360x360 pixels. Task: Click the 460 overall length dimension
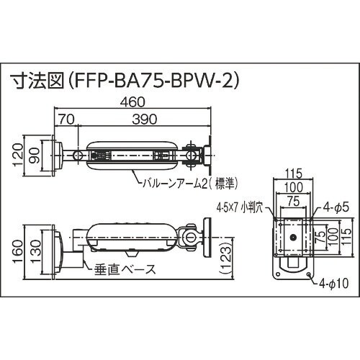click(132, 102)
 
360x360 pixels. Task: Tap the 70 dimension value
click(66, 120)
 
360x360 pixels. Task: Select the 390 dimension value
click(145, 120)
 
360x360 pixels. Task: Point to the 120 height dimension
click(19, 155)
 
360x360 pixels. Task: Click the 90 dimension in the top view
click(35, 156)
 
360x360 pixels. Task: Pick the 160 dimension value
click(19, 251)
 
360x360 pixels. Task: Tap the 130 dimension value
click(35, 252)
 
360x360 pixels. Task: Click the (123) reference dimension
click(225, 258)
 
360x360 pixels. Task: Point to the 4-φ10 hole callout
click(334, 284)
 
